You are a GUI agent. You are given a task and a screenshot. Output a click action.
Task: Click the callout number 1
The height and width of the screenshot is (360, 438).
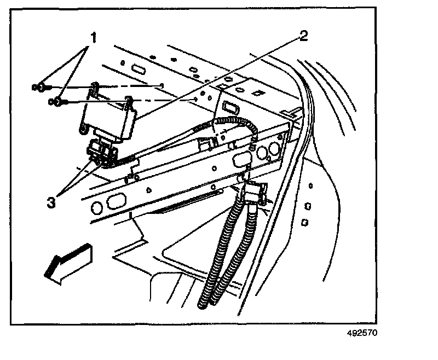[94, 38]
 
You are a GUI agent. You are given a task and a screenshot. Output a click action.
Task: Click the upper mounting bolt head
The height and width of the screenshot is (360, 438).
[40, 86]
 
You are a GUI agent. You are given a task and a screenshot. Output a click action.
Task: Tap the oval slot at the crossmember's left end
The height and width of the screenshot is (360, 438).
[116, 202]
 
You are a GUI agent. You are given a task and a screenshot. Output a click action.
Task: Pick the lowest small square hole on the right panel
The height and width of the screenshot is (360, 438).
[305, 223]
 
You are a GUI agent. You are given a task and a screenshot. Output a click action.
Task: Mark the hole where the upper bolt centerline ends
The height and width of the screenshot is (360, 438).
[163, 85]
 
